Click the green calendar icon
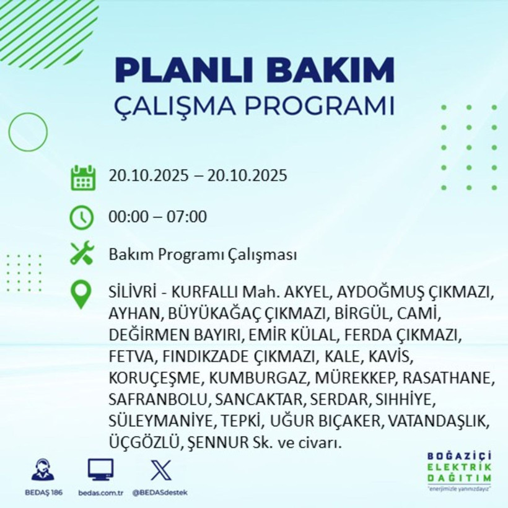(x=82, y=177)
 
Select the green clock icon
(x=82, y=217)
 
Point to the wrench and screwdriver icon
(x=82, y=253)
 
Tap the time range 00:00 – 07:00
(x=157, y=217)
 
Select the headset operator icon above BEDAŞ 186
(x=43, y=470)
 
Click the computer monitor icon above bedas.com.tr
(x=100, y=470)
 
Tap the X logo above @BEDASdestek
(x=160, y=470)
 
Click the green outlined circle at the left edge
(x=28, y=131)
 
